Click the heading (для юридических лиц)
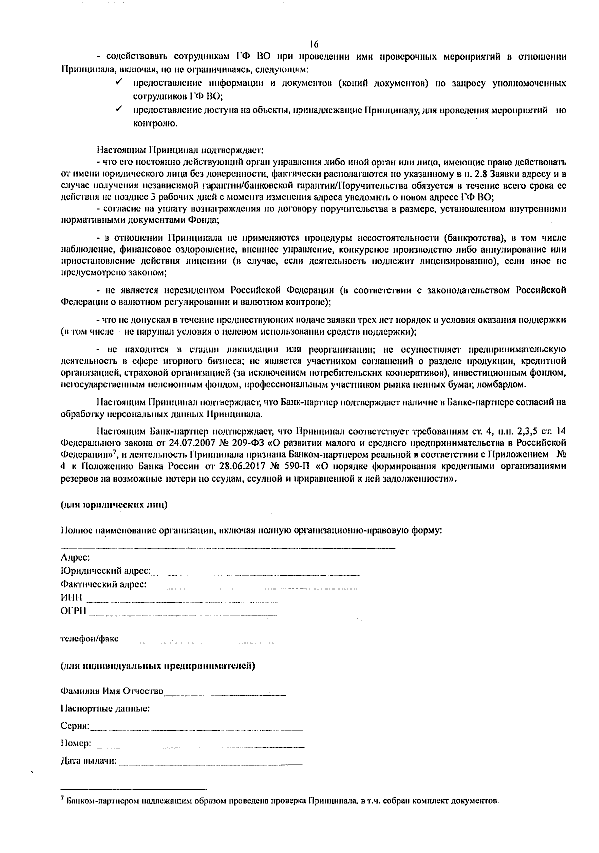tap(114, 505)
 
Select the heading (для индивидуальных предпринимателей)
tap(158, 666)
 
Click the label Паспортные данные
tap(105, 708)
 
